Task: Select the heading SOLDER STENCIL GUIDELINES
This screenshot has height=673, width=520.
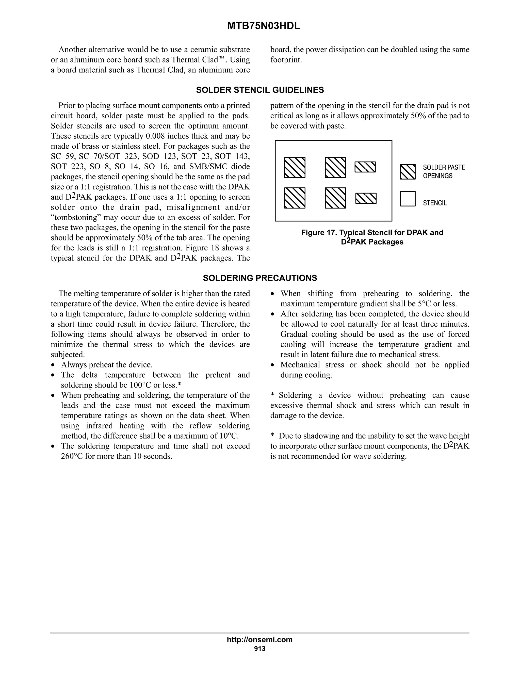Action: pyautogui.click(x=260, y=90)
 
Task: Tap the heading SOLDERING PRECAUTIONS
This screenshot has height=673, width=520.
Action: pyautogui.click(x=260, y=278)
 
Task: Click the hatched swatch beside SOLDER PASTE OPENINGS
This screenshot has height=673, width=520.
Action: pyautogui.click(x=408, y=172)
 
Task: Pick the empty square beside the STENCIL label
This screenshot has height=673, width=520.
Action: pyautogui.click(x=408, y=199)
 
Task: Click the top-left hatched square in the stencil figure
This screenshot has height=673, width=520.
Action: pyautogui.click(x=295, y=167)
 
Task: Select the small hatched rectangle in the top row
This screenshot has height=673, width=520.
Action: pyautogui.click(x=365, y=167)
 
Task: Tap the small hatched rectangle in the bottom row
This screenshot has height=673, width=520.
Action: pyautogui.click(x=366, y=198)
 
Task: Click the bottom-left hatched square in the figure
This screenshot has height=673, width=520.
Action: pyautogui.click(x=295, y=198)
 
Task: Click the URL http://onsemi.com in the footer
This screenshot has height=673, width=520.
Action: pyautogui.click(x=259, y=639)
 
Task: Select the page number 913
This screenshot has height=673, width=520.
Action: pyautogui.click(x=259, y=648)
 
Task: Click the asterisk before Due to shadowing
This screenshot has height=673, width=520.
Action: pyautogui.click(x=272, y=436)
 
